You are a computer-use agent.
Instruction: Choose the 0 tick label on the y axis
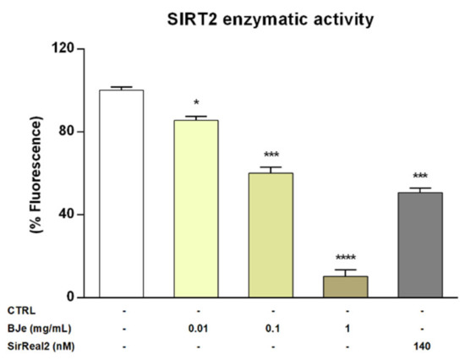pyautogui.click(x=87, y=297)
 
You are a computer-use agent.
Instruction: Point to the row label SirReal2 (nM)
pyautogui.click(x=37, y=345)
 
